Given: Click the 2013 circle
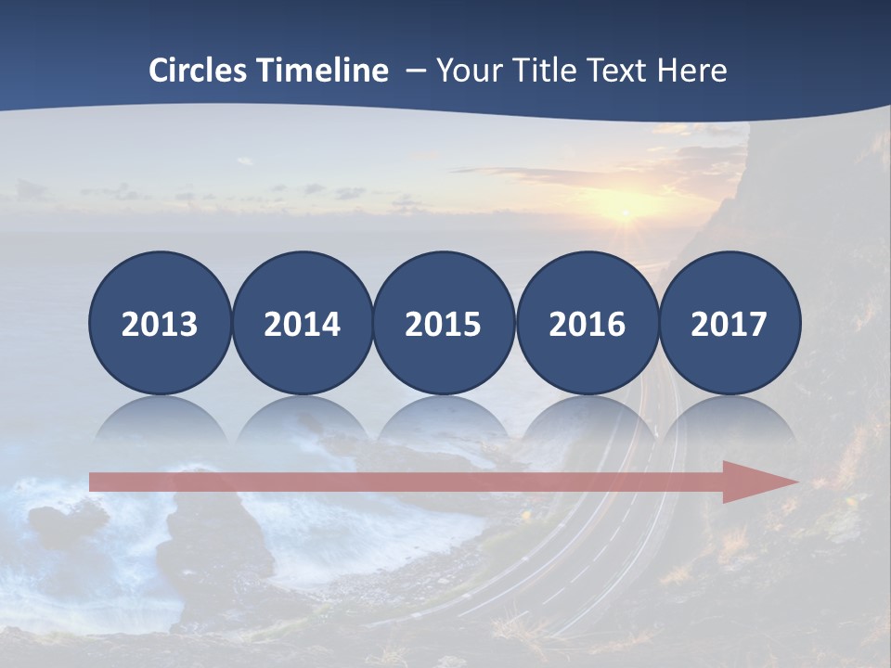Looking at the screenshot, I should tap(160, 323).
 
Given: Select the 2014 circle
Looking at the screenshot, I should tap(302, 323).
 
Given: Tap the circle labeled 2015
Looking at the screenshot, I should tap(444, 323).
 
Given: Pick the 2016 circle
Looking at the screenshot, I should tap(587, 323).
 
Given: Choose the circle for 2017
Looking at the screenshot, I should tap(729, 323).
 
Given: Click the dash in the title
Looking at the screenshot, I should tap(415, 71).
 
